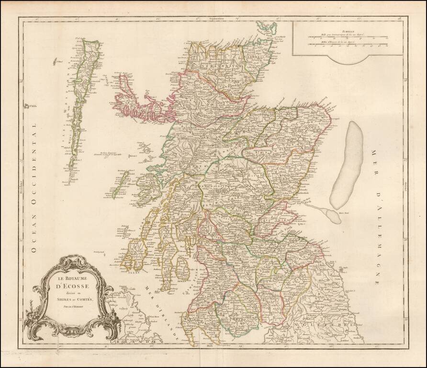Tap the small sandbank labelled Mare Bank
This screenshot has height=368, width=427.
coord(330,215)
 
